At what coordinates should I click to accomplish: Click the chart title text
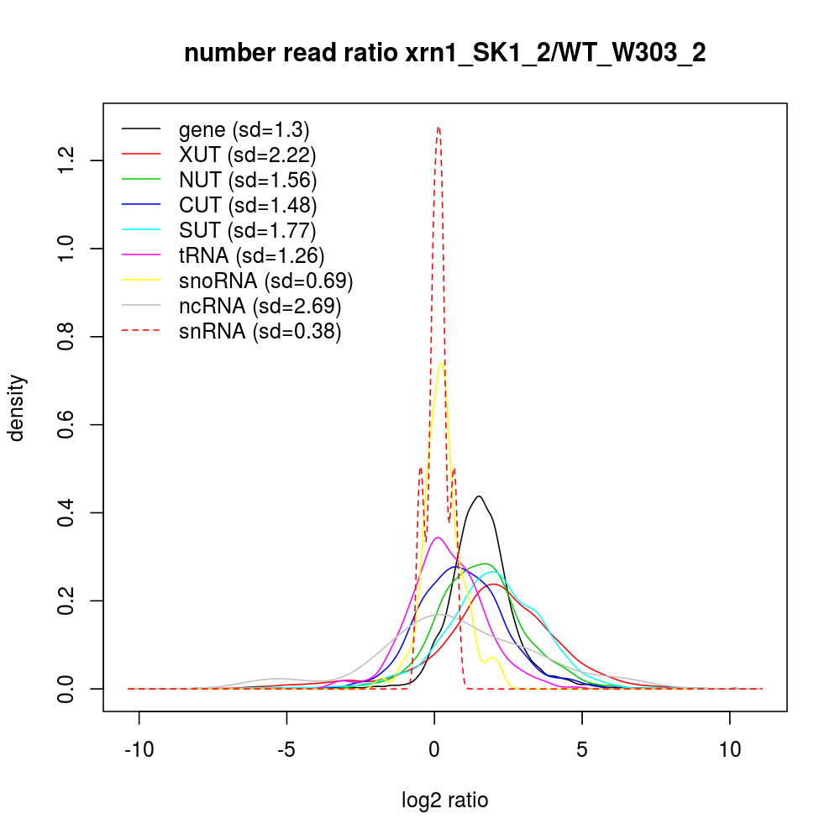[444, 53]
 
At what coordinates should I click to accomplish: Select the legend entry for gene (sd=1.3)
[244, 130]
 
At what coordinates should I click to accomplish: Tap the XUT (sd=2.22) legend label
[247, 155]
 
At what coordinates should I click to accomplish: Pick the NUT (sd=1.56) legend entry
[248, 181]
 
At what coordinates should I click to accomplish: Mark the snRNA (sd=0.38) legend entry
[260, 332]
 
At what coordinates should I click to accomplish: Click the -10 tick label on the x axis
[139, 750]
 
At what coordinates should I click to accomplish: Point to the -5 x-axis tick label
[286, 750]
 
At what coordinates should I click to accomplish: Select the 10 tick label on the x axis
[730, 750]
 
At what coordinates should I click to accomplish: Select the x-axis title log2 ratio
[444, 801]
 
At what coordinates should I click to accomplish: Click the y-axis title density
[18, 407]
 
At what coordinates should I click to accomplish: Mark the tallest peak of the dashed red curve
[438, 128]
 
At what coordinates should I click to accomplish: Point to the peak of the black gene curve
[479, 496]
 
